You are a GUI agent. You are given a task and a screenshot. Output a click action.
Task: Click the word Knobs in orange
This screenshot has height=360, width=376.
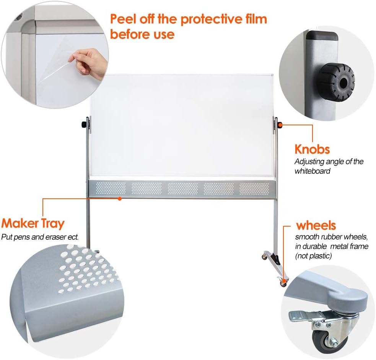click(x=312, y=149)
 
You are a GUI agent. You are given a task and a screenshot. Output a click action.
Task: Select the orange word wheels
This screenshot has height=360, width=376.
click(x=316, y=225)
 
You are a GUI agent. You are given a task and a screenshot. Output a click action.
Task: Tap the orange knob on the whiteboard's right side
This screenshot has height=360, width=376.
click(x=280, y=125)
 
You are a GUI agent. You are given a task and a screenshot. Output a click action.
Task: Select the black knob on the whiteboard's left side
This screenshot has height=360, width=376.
click(x=83, y=125)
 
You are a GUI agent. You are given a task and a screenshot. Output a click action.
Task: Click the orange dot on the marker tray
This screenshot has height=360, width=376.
click(x=120, y=198)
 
